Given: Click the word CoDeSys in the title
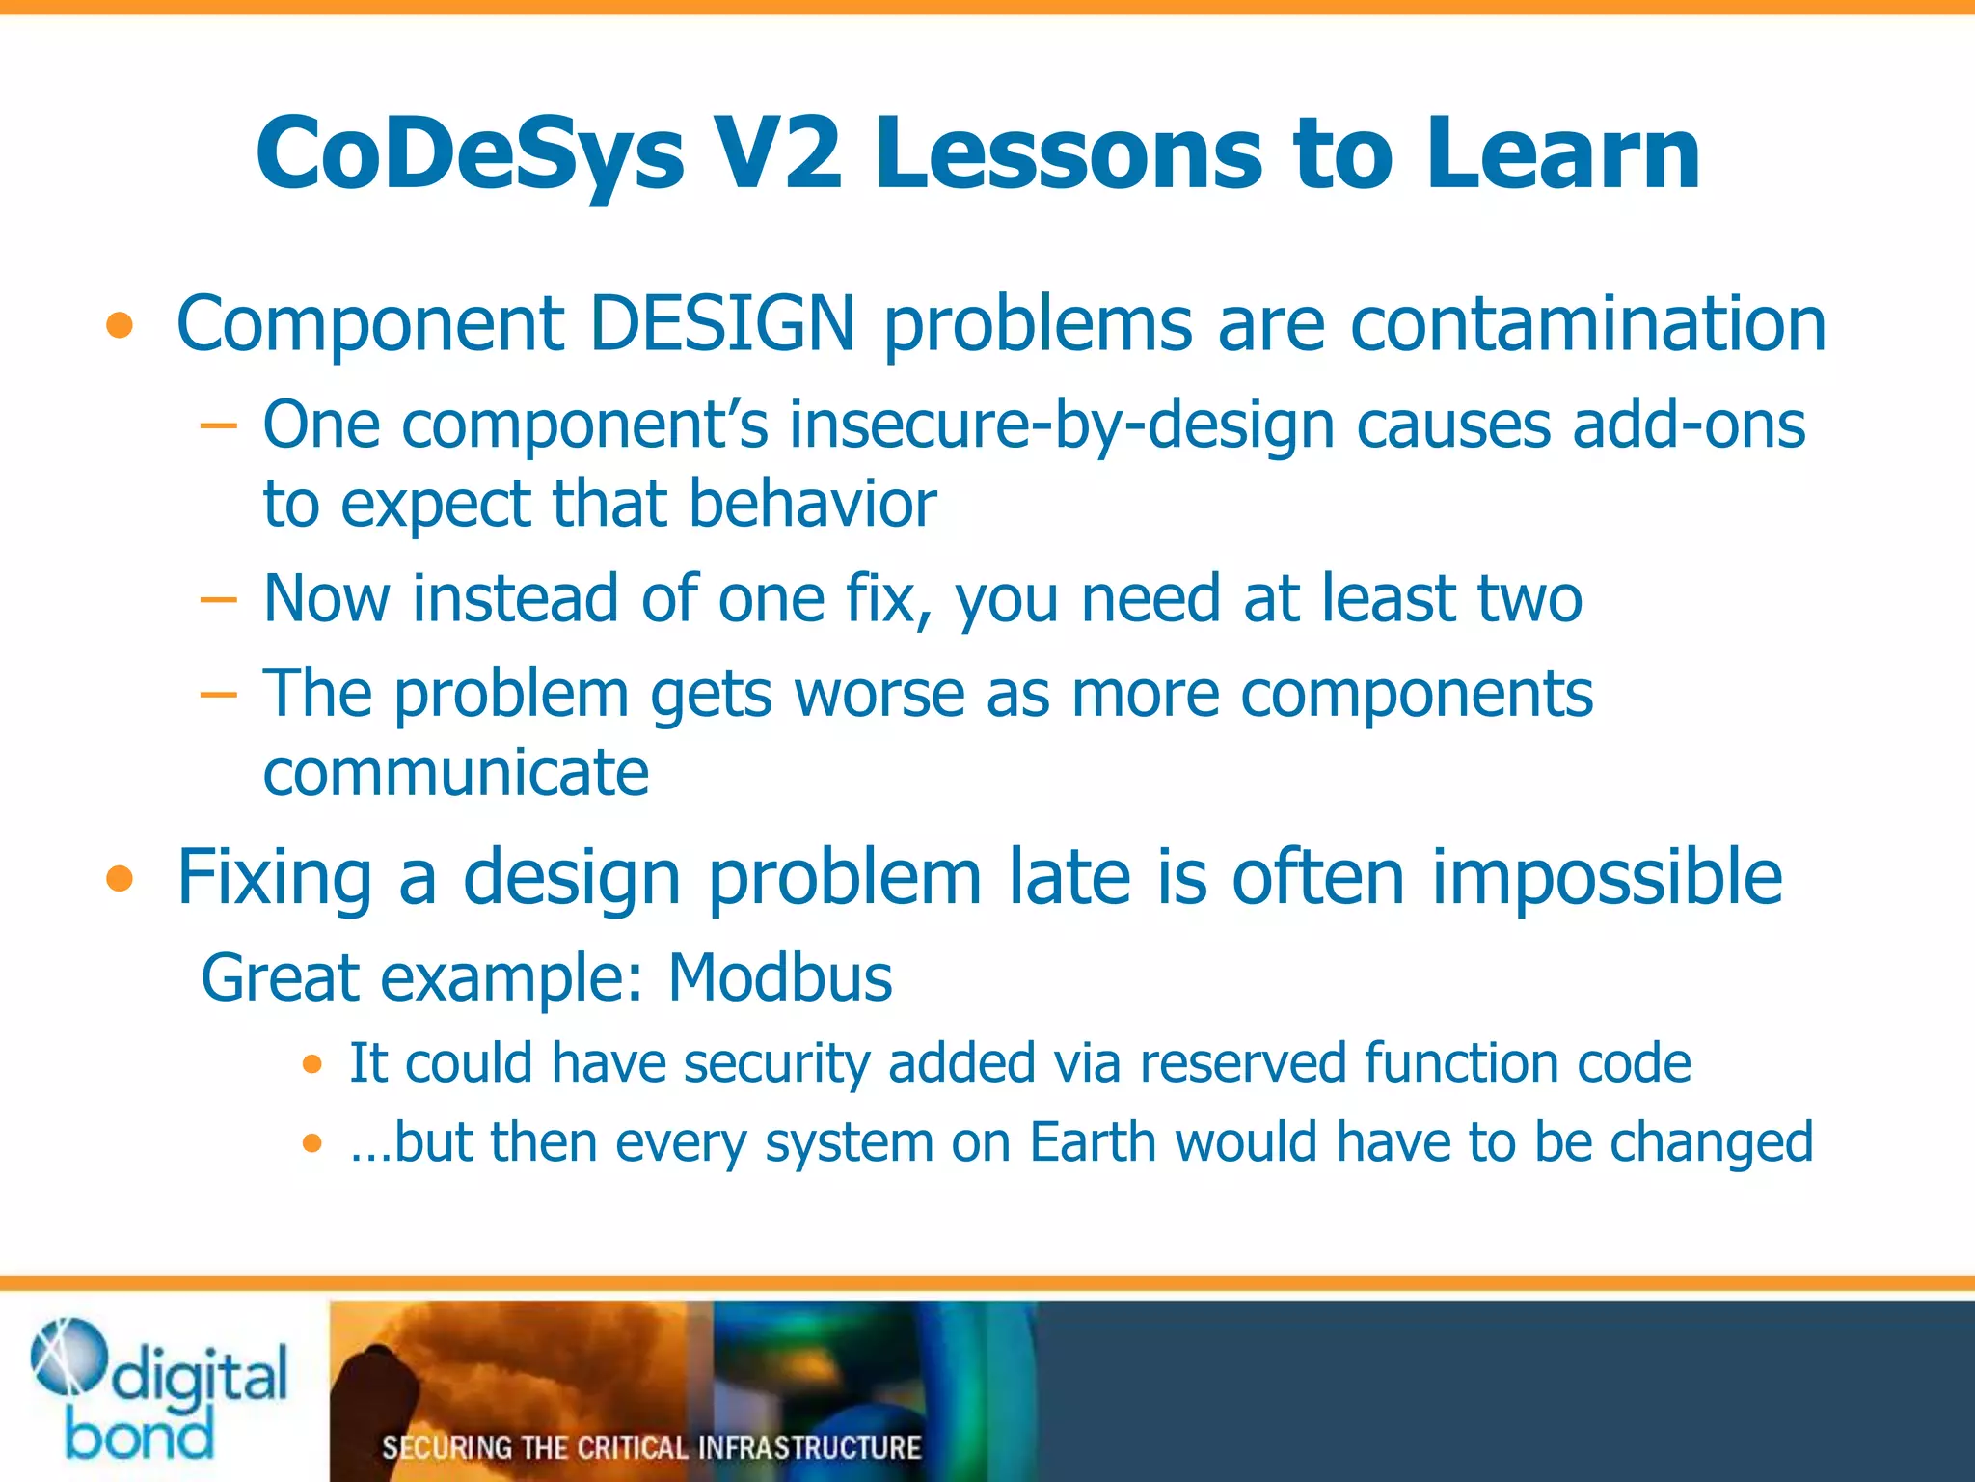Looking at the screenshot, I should [470, 154].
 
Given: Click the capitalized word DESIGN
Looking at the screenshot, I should [722, 324].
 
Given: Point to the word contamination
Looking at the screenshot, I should [1587, 324].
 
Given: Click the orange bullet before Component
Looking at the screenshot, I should [120, 327].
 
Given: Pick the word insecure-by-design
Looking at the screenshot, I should [1061, 426].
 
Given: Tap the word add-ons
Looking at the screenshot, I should [1688, 425].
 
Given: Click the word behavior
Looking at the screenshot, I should [812, 505].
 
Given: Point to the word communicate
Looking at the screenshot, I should [456, 773].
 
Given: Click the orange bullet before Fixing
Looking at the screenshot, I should [120, 880].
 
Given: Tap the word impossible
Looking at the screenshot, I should [1607, 878].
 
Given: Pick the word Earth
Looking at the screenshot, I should [1092, 1143].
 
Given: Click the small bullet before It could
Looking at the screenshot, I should [311, 1065].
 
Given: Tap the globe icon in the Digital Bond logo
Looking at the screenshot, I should [68, 1357].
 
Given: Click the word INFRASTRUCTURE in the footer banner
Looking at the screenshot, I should [809, 1447].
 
